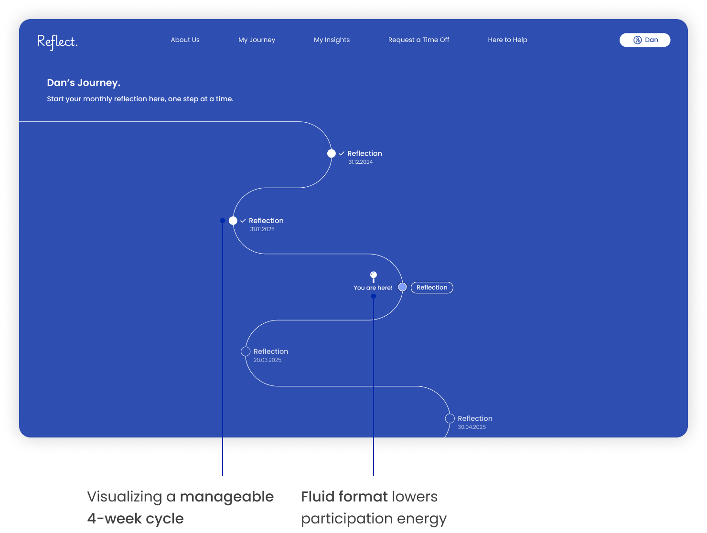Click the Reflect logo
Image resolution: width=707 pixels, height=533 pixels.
click(x=57, y=42)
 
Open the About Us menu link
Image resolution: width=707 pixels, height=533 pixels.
click(x=185, y=40)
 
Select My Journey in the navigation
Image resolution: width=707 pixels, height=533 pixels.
click(x=257, y=40)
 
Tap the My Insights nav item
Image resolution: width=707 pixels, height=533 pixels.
click(x=332, y=40)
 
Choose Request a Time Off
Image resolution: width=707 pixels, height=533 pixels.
click(x=418, y=40)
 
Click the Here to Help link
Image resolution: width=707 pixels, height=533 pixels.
click(x=507, y=40)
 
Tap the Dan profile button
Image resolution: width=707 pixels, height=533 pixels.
click(x=645, y=40)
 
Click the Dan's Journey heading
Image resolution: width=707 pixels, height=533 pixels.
click(x=84, y=83)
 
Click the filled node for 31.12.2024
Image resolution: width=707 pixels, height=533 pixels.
click(x=332, y=153)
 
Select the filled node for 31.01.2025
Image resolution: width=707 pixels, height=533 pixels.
click(x=233, y=221)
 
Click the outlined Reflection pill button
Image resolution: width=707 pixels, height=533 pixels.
click(x=432, y=288)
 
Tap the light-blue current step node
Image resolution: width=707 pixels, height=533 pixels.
click(x=403, y=287)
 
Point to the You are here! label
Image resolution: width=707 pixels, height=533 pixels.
click(x=373, y=288)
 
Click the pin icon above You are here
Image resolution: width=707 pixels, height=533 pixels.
click(x=374, y=276)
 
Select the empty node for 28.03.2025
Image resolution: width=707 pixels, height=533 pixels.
click(x=246, y=352)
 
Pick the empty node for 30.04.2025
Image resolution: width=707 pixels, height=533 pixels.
click(x=450, y=418)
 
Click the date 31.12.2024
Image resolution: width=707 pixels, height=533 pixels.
click(x=360, y=162)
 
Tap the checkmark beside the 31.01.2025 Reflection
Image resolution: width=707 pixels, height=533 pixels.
click(x=243, y=221)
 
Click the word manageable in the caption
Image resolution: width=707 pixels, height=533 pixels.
click(x=227, y=497)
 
